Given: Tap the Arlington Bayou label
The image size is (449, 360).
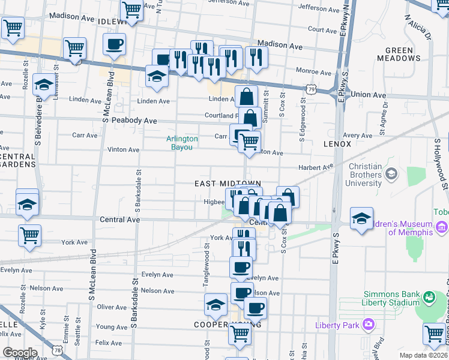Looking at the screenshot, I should pos(182,142).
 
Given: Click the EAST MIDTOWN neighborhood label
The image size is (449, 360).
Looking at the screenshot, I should pos(228,183).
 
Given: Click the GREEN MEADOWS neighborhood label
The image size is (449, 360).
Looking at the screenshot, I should pos(399,54).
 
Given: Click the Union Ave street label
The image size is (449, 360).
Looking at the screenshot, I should pos(368,95).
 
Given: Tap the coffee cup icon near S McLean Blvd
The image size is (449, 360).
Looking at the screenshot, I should pos(115,43).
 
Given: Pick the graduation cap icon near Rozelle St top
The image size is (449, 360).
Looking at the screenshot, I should pos(43,85).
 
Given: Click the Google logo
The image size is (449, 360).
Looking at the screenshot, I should pos(19,353).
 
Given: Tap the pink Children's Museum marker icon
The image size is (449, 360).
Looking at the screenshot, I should pos(443,227).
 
